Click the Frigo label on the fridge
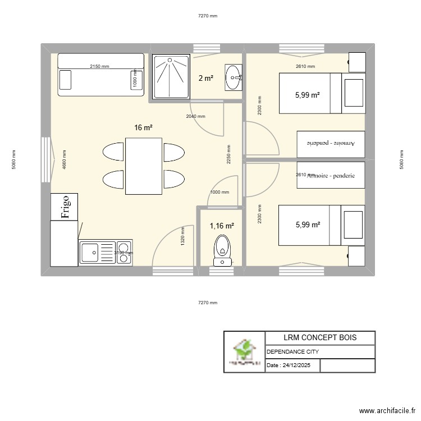click(x=65, y=207)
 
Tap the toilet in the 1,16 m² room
click(x=222, y=250)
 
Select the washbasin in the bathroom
click(x=234, y=77)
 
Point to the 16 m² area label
click(x=143, y=128)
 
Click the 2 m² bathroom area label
click(x=205, y=79)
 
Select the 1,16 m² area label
click(x=222, y=226)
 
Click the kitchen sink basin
click(x=90, y=253)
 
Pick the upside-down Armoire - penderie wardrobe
click(x=331, y=144)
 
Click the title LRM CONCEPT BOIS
click(x=319, y=337)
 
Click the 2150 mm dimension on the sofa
click(x=99, y=67)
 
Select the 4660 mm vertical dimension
click(x=65, y=160)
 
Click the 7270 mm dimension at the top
click(x=207, y=16)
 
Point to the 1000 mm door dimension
click(x=219, y=192)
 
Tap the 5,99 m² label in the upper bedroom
click(x=307, y=95)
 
